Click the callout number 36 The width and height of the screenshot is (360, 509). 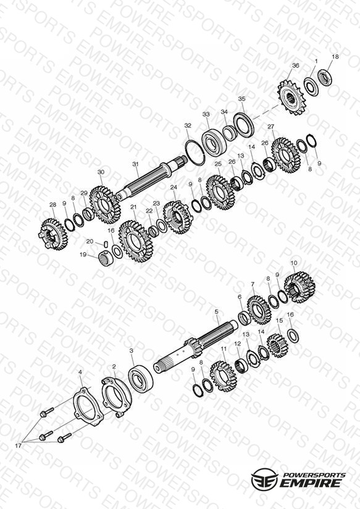pos(295,65)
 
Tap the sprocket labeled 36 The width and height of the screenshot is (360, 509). pos(291,97)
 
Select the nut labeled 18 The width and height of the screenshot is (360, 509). pos(325,78)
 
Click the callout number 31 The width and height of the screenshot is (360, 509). pos(135,164)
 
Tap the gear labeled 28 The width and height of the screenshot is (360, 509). pos(54,233)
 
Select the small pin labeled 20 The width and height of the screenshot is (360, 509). pos(105,243)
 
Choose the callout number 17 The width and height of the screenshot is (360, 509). pos(18,446)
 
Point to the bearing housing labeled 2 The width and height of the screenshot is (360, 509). pos(116,397)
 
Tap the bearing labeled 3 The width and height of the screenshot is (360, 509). pos(140,378)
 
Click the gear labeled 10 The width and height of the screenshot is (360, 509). pos(299,288)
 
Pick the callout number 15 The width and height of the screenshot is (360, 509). pos(279,321)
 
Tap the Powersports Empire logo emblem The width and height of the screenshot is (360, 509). pos(264,479)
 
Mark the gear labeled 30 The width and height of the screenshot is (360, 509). pos(105,204)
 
